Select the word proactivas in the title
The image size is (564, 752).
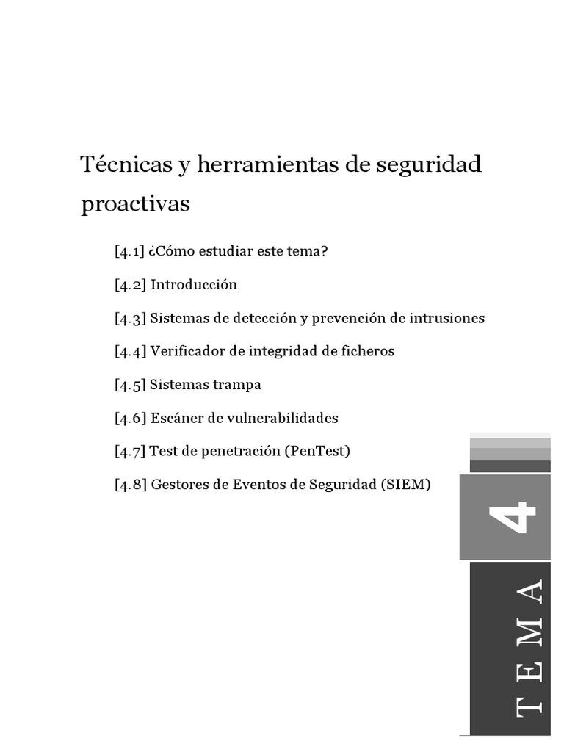(135, 204)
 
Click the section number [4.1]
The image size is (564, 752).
(130, 251)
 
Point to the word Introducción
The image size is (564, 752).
(194, 285)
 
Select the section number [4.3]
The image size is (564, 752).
(130, 318)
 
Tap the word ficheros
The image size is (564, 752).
(366, 351)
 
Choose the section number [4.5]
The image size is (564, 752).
(130, 385)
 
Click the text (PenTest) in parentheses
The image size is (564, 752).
(317, 451)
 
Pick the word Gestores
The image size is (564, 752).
(178, 485)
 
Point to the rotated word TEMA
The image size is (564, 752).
(529, 647)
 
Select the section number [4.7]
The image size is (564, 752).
(130, 451)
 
